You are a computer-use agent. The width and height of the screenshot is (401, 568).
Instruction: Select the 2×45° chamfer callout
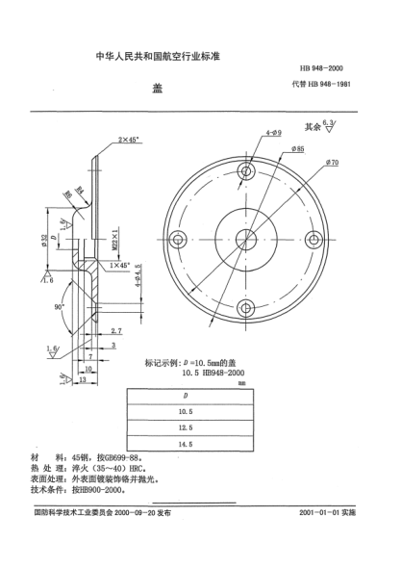[x=129, y=140]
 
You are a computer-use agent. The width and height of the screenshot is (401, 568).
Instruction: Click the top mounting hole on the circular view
[x=246, y=174]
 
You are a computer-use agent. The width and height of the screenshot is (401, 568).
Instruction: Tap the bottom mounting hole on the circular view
[x=246, y=309]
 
